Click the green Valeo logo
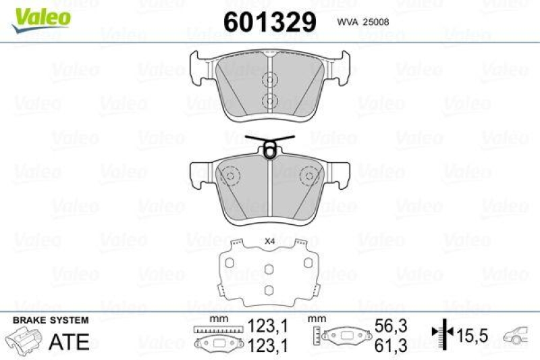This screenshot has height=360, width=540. coord(38,16)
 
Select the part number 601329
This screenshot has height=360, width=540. coord(270,22)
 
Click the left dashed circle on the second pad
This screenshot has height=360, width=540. coord(231,176)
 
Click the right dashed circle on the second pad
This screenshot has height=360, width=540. coord(309,176)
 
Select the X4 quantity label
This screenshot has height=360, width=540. coord(270,241)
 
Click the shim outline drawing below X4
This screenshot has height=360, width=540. coord(269,273)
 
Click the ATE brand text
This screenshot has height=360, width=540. coord(70,342)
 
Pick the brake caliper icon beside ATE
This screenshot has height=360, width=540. coord(25,340)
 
